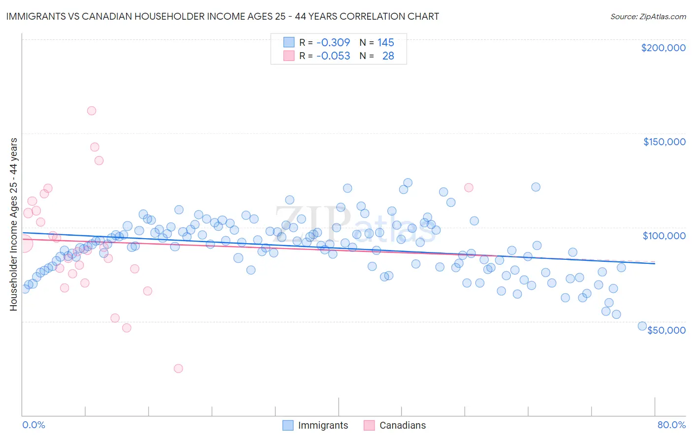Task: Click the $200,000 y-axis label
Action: click(663, 48)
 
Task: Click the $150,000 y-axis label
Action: click(664, 142)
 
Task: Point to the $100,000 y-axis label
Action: click(664, 236)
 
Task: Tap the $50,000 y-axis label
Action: click(666, 330)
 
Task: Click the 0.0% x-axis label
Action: click(33, 425)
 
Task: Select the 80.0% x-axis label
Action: click(671, 425)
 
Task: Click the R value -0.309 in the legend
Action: click(333, 42)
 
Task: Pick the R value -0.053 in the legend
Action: click(333, 56)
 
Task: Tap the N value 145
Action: click(385, 42)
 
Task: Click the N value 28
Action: click(388, 56)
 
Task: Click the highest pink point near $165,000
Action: click(92, 111)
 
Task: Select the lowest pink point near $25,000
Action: click(178, 368)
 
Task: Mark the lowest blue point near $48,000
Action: click(642, 326)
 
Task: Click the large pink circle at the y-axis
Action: click(23, 243)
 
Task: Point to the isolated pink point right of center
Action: click(469, 188)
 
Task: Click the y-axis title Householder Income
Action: click(13, 224)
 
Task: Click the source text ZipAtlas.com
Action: click(648, 16)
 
